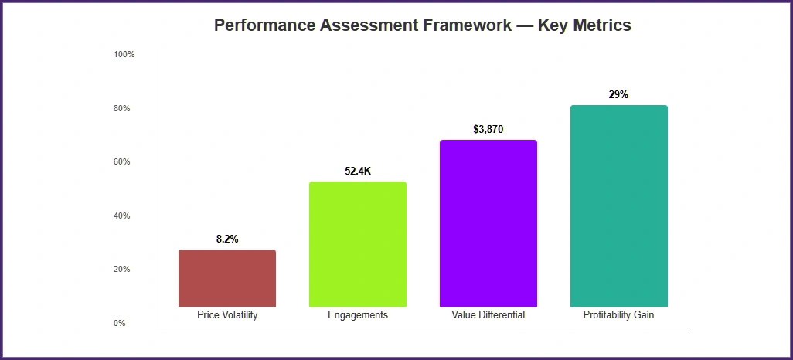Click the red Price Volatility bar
click(227, 278)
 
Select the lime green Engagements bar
click(358, 244)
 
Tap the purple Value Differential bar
click(488, 223)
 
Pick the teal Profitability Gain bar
click(619, 205)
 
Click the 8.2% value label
click(227, 239)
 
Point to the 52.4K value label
click(358, 172)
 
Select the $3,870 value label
click(488, 130)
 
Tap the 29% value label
click(619, 95)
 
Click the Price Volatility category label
click(227, 315)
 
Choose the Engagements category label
click(358, 315)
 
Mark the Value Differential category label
click(488, 315)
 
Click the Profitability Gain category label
click(619, 315)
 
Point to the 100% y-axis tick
click(124, 55)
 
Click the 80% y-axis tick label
click(122, 109)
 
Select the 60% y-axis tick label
click(122, 162)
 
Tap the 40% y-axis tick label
click(122, 216)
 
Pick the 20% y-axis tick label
click(122, 270)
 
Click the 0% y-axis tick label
click(120, 324)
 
